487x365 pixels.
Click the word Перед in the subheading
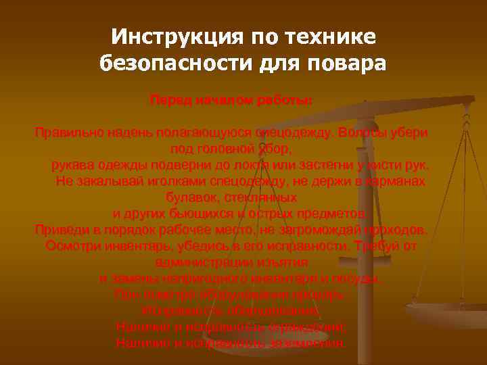tap(170, 100)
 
